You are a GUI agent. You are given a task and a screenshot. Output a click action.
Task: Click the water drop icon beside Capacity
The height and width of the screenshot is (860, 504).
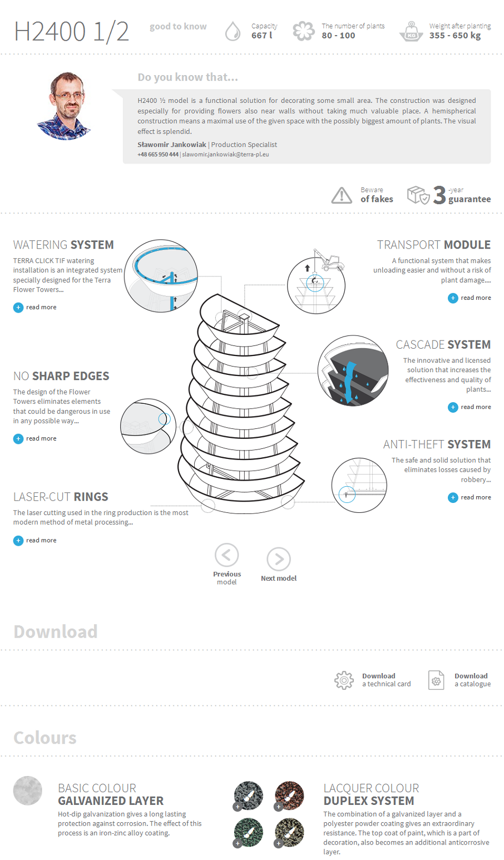click(233, 31)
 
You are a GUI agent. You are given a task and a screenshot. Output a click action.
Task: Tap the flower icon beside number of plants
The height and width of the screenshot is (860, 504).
click(303, 31)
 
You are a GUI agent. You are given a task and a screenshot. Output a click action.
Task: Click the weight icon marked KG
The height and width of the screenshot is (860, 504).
click(411, 32)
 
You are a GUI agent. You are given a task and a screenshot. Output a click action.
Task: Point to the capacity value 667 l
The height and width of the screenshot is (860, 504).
click(262, 36)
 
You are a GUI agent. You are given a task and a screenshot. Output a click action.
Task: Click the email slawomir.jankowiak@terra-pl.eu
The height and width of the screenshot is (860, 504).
click(225, 154)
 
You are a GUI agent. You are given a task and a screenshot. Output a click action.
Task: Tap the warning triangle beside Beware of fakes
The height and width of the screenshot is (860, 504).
click(341, 195)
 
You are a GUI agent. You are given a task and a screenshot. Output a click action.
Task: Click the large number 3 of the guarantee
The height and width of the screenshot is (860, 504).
click(439, 195)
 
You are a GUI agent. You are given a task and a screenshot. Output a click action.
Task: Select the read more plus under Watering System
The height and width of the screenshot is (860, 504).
click(18, 308)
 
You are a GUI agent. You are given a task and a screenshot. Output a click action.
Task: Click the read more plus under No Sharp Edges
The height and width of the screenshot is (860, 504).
click(18, 439)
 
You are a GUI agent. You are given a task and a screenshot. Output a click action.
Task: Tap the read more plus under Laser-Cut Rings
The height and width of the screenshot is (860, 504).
click(18, 541)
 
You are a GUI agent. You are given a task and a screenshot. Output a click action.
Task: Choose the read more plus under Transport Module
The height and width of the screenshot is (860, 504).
click(453, 298)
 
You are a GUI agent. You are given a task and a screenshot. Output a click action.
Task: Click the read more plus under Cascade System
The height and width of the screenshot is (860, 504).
click(453, 407)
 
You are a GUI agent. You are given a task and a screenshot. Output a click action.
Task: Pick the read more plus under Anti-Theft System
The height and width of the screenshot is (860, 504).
click(453, 497)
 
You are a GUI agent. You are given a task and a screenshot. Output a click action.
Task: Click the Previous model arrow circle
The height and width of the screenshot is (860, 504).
click(226, 555)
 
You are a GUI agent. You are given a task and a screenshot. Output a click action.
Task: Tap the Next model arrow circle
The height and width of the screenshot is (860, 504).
click(279, 559)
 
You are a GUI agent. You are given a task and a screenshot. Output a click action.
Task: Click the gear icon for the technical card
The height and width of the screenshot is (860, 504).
click(344, 680)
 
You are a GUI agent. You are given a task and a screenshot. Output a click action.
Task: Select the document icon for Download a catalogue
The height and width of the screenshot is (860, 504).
click(436, 680)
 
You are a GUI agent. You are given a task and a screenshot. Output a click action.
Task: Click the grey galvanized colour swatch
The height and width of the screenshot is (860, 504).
click(28, 790)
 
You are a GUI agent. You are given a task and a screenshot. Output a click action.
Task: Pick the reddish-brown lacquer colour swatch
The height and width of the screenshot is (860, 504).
click(289, 795)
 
